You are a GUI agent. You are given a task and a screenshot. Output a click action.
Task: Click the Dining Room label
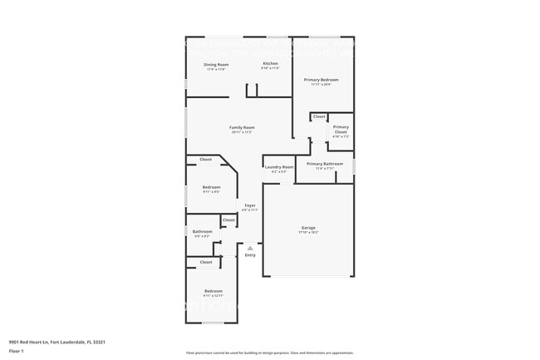(x=216, y=64)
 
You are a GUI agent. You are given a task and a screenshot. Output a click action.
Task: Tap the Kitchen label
(x=270, y=64)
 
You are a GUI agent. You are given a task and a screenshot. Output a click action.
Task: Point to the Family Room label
(x=242, y=127)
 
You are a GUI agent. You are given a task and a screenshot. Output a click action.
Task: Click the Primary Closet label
(x=341, y=127)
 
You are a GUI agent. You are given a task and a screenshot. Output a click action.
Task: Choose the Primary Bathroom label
(x=324, y=164)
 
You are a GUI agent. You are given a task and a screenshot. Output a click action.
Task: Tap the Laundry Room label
(x=279, y=167)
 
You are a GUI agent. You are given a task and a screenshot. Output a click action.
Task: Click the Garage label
(x=308, y=227)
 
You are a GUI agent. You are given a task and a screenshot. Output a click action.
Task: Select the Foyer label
(x=249, y=205)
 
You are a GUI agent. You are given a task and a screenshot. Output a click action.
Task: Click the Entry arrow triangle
(x=250, y=248)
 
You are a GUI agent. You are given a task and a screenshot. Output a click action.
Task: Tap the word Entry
(x=250, y=255)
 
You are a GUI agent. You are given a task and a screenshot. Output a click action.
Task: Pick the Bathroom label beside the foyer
(x=202, y=231)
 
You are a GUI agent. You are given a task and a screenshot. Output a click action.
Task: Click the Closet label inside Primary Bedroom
(x=319, y=116)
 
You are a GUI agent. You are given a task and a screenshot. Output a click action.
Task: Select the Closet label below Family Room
(x=205, y=159)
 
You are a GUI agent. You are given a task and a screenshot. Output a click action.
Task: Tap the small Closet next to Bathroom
(x=228, y=220)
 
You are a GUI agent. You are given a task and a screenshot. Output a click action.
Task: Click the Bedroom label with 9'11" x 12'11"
(x=214, y=290)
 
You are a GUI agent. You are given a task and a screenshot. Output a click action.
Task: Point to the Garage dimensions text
(x=308, y=232)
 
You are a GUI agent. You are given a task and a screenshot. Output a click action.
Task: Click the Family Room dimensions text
(x=242, y=132)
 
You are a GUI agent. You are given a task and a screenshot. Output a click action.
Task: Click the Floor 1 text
(x=17, y=352)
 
